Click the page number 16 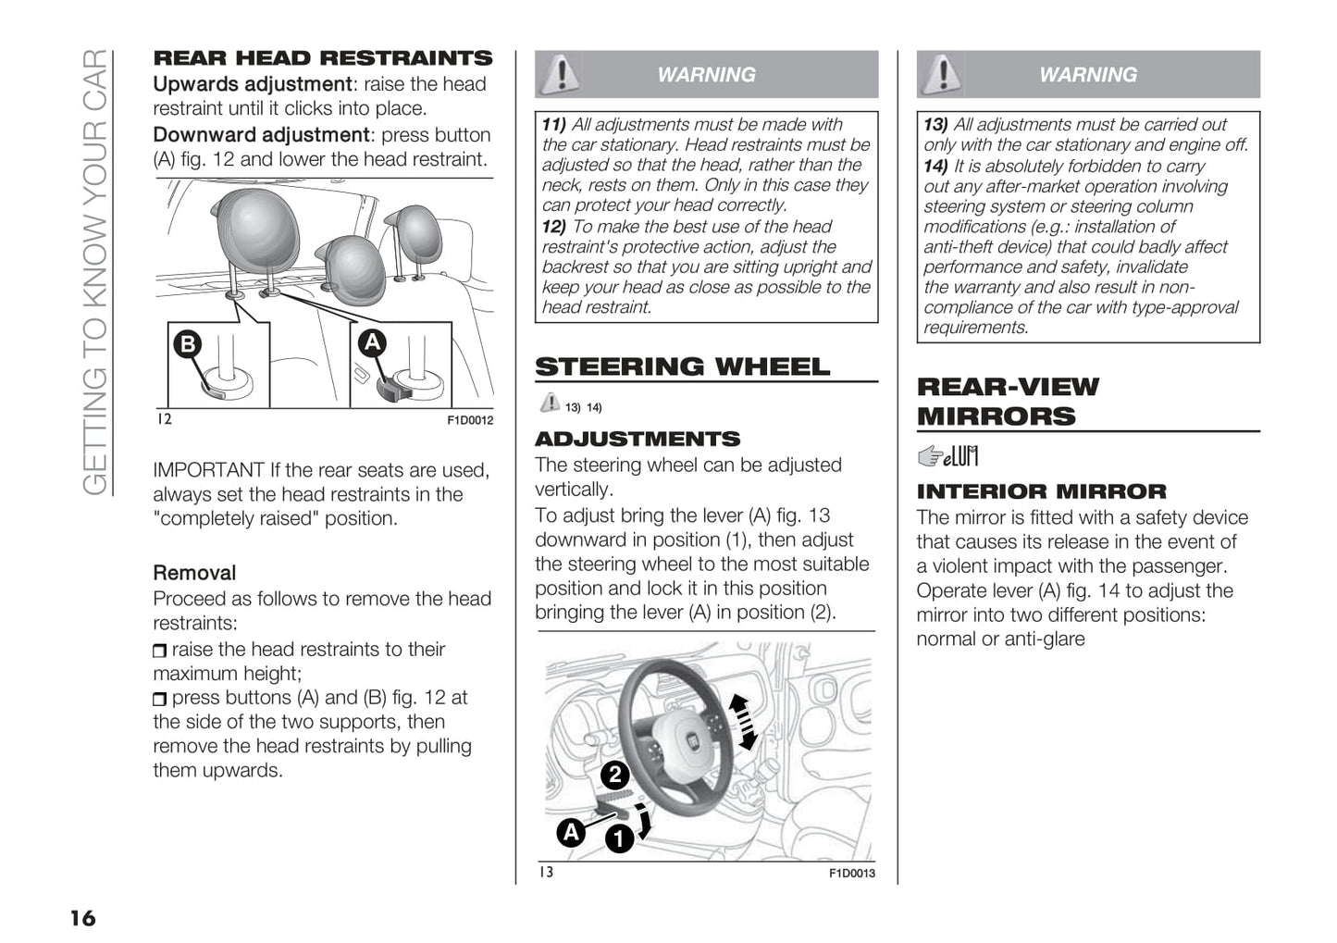(x=82, y=918)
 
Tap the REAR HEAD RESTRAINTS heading (x=322, y=58)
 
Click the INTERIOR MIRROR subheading (x=1041, y=491)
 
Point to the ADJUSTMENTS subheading (x=638, y=439)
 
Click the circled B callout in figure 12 (x=188, y=344)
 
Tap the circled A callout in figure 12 (x=372, y=342)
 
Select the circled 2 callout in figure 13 (x=614, y=775)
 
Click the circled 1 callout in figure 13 (x=618, y=838)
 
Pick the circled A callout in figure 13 (x=571, y=832)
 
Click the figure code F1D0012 (x=470, y=420)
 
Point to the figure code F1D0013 (x=851, y=873)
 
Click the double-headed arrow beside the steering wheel (x=742, y=723)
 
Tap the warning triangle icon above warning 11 (x=558, y=74)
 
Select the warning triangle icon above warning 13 (x=941, y=74)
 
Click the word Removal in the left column (x=194, y=573)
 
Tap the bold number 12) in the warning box (x=553, y=227)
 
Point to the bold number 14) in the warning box (x=935, y=167)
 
